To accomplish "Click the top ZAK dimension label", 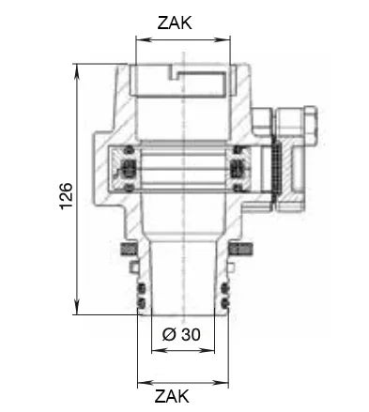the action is click(x=175, y=23).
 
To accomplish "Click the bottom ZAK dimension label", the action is click(x=172, y=396).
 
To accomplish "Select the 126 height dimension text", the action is click(x=67, y=196).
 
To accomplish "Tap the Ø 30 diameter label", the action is click(x=181, y=335).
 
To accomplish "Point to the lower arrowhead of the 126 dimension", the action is click(x=77, y=308).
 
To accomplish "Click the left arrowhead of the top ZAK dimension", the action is click(x=143, y=39).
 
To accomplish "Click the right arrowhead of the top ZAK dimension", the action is click(x=223, y=39).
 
